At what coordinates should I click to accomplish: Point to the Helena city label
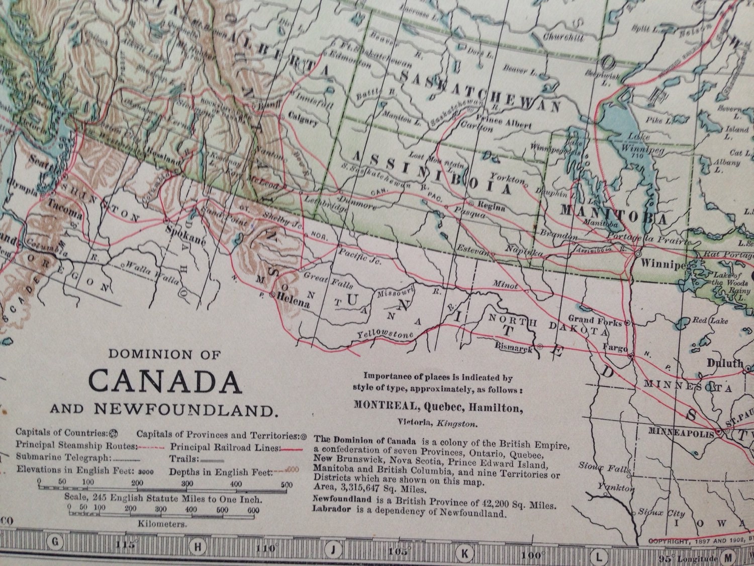[x=294, y=303]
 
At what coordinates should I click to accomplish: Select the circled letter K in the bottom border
[x=465, y=554]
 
